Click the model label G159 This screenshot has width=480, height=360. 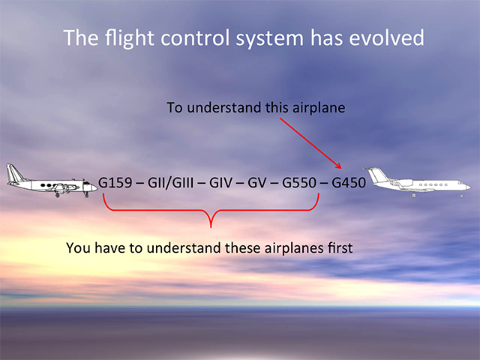tap(115, 183)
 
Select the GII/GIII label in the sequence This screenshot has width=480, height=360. tap(170, 183)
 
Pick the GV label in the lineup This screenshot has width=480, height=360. tap(256, 183)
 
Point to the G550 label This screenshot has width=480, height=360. tap(299, 183)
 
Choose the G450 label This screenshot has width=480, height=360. tap(349, 183)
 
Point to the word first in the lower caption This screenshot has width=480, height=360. tap(340, 247)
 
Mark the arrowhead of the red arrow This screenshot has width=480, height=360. tap(338, 165)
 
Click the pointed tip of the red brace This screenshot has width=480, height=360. tap(211, 226)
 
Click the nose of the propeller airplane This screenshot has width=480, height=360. tap(95, 187)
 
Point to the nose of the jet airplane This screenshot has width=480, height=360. tap(468, 187)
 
